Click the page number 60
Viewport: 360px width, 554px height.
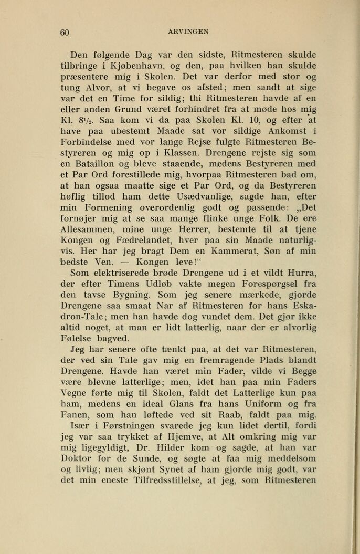point(65,32)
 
